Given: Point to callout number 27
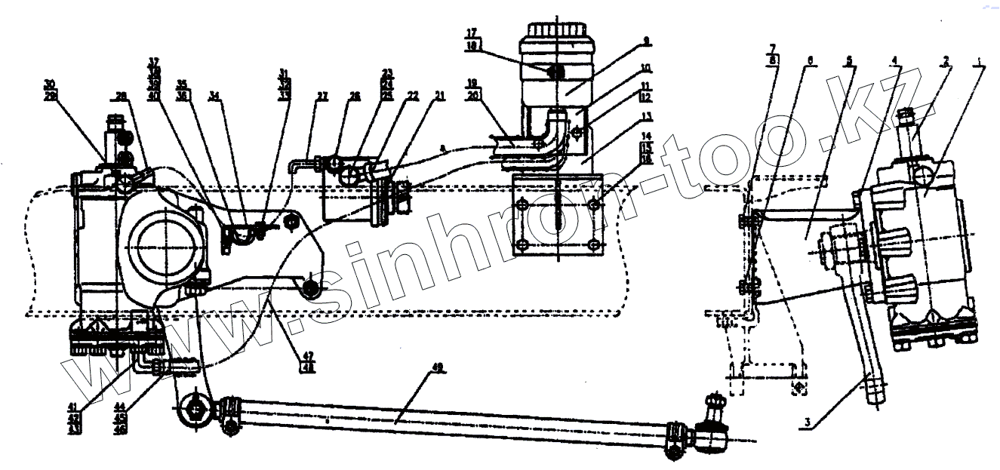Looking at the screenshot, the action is pos(322,97).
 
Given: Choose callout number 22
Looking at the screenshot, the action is pos(412,97).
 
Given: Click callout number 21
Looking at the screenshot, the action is pos(438,97).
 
